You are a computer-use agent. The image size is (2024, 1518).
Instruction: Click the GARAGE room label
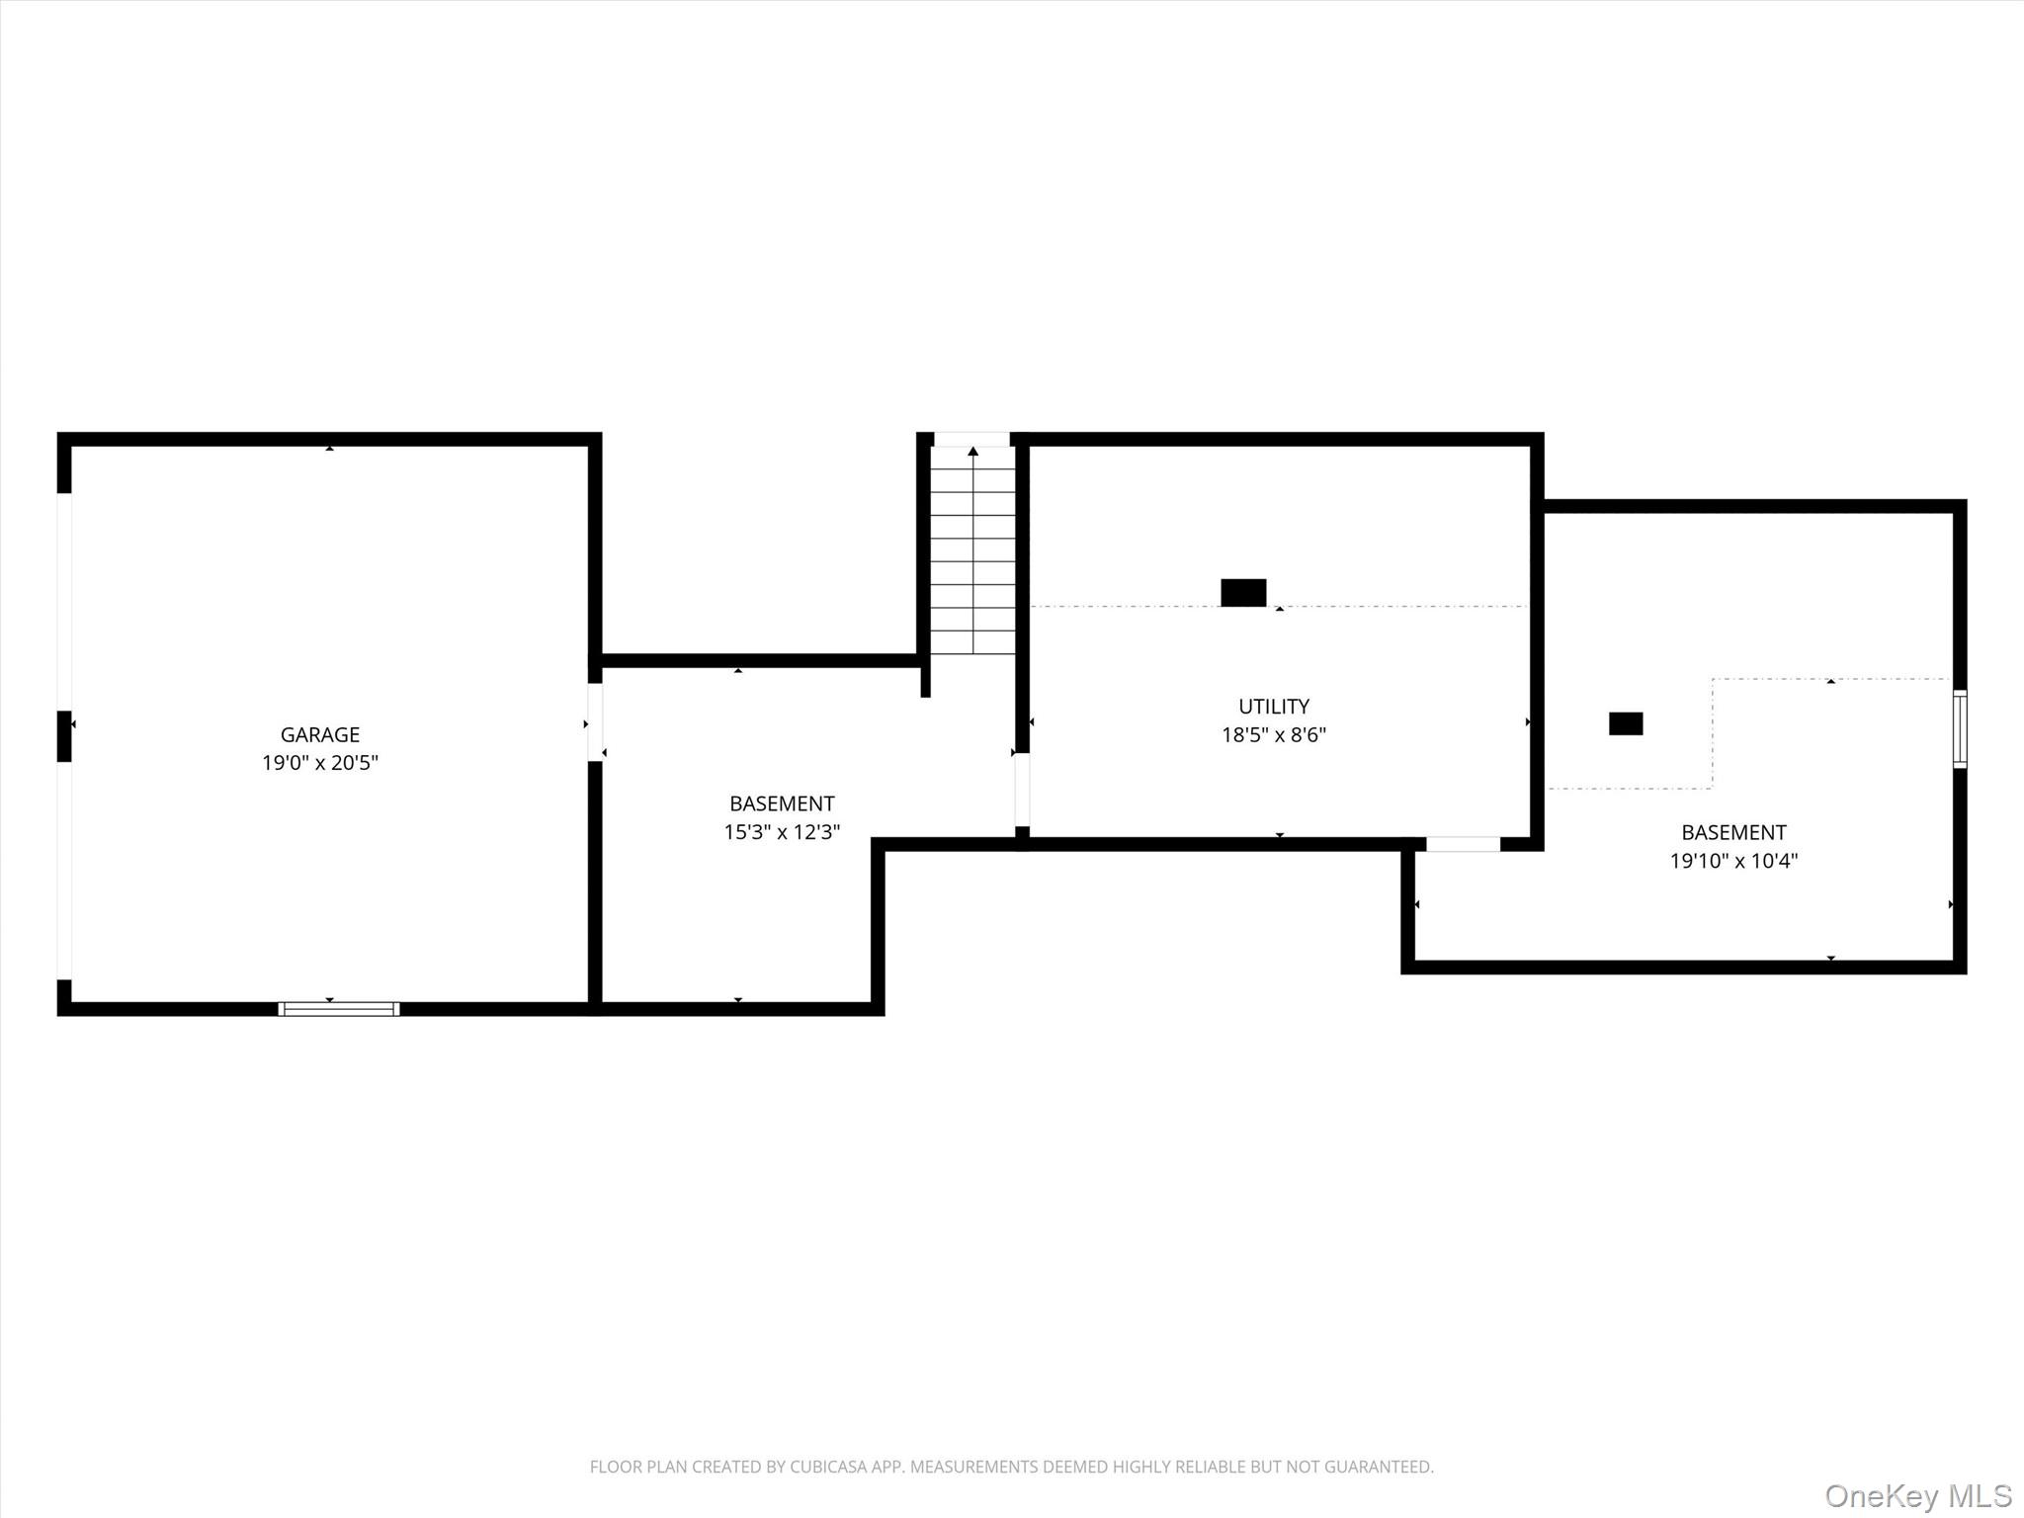(320, 734)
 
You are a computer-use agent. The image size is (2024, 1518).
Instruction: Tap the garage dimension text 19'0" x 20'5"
(320, 763)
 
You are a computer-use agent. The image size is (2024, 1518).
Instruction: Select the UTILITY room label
(1274, 707)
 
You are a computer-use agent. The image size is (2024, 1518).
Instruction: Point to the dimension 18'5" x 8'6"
(1274, 735)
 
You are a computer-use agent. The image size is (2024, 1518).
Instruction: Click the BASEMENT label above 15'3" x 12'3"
(782, 803)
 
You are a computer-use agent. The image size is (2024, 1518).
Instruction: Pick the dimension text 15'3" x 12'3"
(782, 832)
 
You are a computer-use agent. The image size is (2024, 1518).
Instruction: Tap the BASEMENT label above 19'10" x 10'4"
(1733, 832)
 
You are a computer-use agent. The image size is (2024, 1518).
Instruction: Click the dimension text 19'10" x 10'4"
(1733, 861)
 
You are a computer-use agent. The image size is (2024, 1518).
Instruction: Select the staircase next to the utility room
(973, 550)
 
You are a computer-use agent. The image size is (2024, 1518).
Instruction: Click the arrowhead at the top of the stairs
(973, 452)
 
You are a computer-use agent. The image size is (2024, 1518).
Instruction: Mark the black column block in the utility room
(1243, 592)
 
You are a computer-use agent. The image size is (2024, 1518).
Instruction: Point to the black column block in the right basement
(1626, 723)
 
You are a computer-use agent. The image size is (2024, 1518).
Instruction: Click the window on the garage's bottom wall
(339, 1009)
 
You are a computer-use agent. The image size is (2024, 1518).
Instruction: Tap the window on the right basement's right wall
(1960, 729)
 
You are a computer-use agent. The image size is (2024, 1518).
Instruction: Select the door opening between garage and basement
(595, 722)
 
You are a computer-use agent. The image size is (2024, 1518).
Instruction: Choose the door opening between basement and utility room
(1022, 790)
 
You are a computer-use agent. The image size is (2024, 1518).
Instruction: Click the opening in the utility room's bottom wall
(1463, 844)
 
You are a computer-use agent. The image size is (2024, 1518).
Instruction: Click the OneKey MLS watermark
(1918, 1495)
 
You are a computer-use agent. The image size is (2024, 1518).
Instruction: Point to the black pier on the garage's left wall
(64, 736)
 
